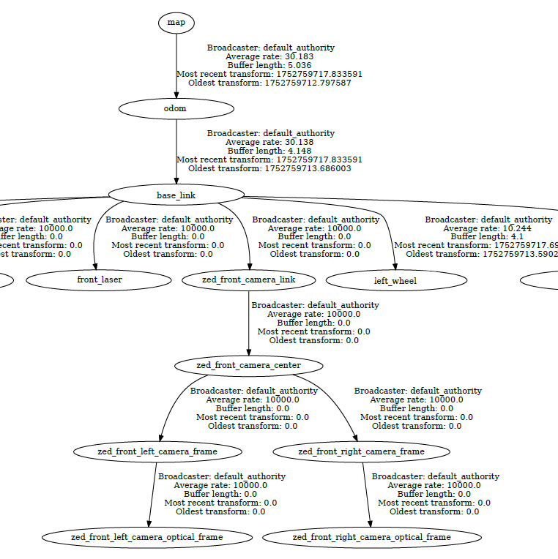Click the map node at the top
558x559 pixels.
pos(176,23)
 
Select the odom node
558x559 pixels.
pos(176,109)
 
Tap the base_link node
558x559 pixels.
pos(176,195)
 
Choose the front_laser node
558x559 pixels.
pos(100,279)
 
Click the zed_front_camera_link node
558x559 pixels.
pos(249,279)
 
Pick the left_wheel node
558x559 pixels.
pos(395,280)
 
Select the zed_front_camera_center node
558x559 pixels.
pos(249,365)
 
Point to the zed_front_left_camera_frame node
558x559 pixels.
pos(157,451)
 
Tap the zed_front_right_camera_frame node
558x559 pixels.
pos(361,451)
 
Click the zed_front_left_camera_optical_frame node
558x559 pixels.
pos(147,537)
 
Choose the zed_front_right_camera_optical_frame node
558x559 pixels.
pos(372,537)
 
